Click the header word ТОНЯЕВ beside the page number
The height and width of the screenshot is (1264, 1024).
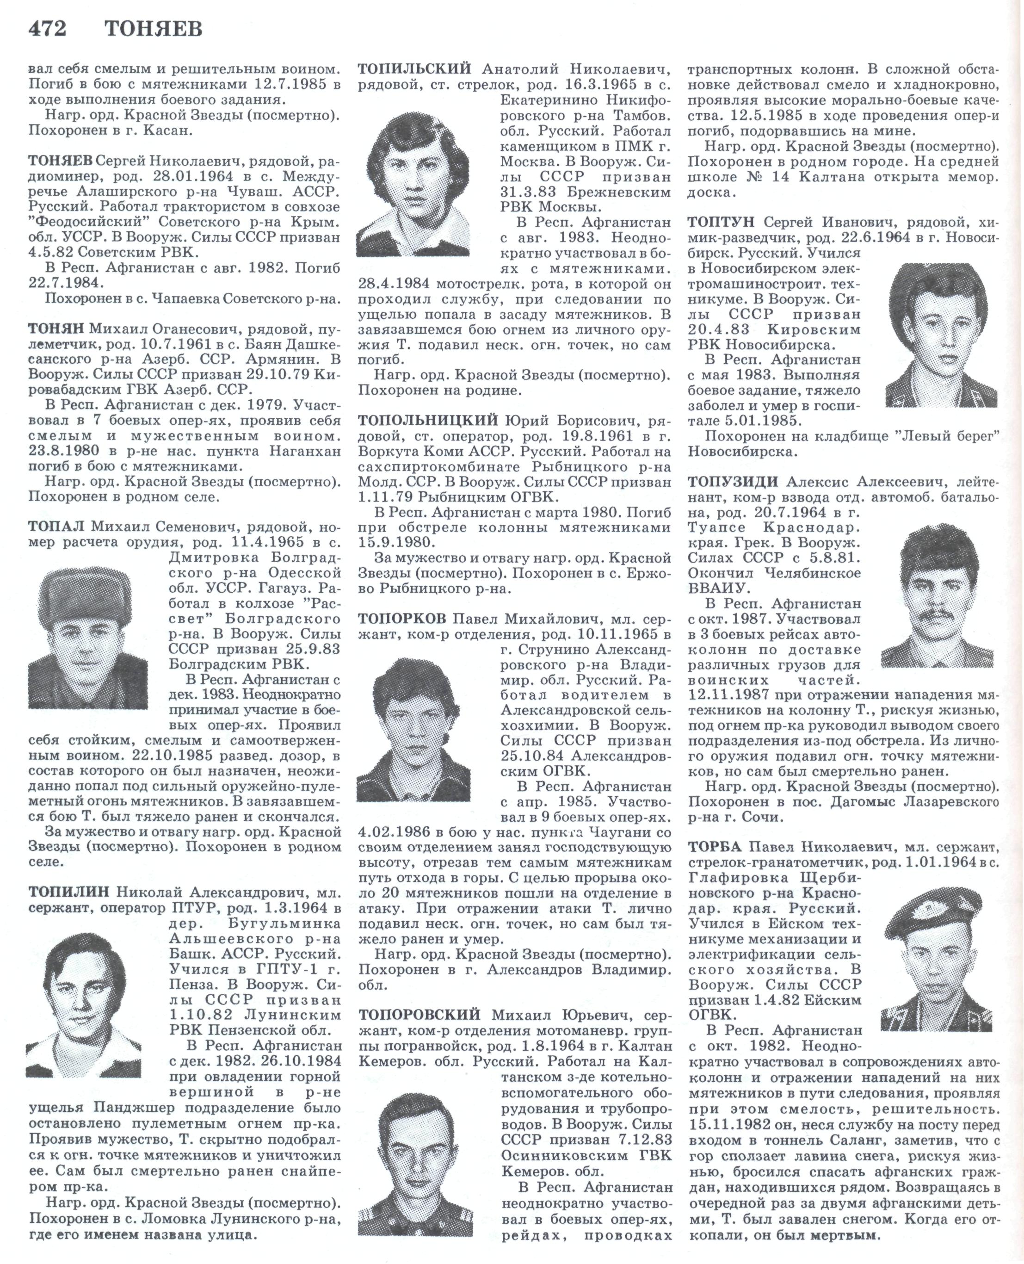click(x=154, y=29)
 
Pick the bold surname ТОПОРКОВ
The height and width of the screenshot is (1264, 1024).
click(x=402, y=619)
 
